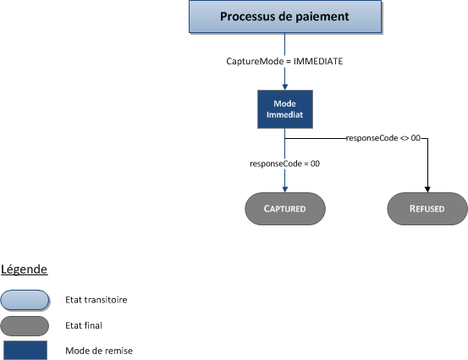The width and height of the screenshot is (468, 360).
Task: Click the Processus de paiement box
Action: [x=284, y=17]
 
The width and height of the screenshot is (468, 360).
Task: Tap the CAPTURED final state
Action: [x=284, y=208]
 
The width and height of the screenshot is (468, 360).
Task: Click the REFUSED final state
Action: [x=427, y=208]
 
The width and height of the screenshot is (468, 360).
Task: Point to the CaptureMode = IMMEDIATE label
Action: [x=284, y=62]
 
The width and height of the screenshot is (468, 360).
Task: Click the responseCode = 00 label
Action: [x=284, y=163]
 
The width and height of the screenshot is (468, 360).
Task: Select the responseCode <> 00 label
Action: [x=383, y=137]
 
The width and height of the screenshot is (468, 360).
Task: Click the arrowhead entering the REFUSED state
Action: [x=427, y=189]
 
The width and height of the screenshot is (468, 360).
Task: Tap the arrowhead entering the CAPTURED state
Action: [x=284, y=189]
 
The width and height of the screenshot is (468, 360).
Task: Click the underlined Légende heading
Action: [x=24, y=269]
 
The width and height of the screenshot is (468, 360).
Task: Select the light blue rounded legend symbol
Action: [x=25, y=299]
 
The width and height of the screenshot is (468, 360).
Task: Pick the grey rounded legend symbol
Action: [x=25, y=324]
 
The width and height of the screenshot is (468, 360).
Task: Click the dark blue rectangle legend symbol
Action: [x=25, y=350]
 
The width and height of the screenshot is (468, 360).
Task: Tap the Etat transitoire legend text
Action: [x=96, y=299]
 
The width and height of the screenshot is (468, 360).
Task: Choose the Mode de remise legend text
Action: [x=98, y=350]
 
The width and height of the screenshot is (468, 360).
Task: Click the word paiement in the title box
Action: [x=318, y=17]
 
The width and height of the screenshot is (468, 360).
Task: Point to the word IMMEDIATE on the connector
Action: [x=318, y=62]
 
